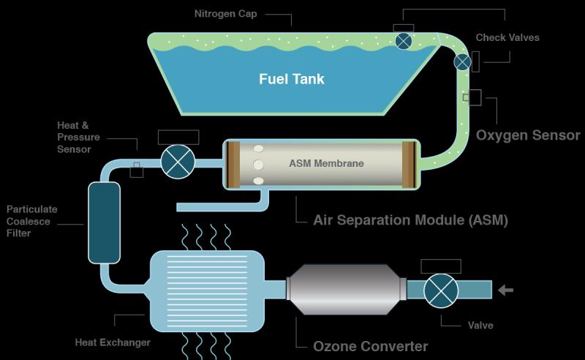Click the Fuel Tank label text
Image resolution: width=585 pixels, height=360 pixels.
coord(292,79)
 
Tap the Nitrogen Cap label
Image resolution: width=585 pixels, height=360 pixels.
coord(226,14)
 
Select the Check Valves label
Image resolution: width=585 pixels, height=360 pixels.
coord(507,37)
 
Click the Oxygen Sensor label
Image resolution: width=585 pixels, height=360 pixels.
coord(528,135)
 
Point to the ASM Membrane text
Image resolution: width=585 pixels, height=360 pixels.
coord(326,163)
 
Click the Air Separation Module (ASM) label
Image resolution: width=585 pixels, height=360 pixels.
coord(410,220)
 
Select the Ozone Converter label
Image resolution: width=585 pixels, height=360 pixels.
coord(371,346)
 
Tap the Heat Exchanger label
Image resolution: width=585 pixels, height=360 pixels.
coord(113,342)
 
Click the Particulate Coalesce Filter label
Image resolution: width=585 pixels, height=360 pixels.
coord(31,221)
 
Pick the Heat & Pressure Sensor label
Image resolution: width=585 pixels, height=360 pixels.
coord(78,137)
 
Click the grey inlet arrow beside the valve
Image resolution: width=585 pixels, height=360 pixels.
coord(505,290)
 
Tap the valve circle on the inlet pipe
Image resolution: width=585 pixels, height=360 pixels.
coord(441,291)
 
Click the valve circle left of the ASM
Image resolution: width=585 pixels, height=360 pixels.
coord(178,162)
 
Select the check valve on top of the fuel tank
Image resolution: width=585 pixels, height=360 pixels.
coord(404,41)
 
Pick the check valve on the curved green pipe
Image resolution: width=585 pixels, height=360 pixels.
coord(462,62)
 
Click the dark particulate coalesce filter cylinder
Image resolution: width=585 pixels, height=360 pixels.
coord(104,222)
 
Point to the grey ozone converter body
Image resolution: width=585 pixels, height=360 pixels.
coord(346,290)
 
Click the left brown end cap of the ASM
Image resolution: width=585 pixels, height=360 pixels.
coord(233,165)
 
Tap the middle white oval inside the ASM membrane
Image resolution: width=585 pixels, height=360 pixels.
coord(258,165)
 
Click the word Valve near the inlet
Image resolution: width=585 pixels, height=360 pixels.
coord(480,326)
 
